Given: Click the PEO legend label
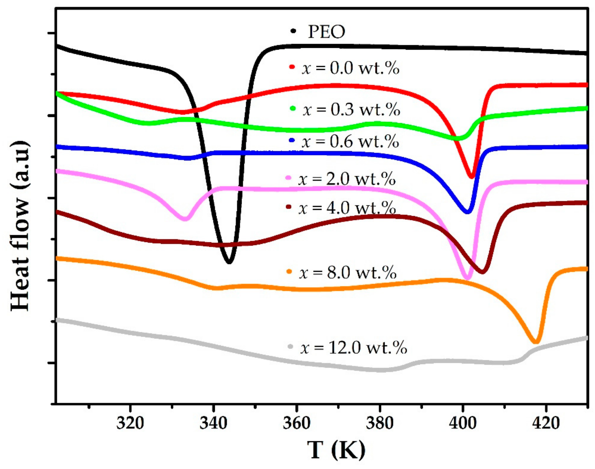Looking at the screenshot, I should click(326, 32).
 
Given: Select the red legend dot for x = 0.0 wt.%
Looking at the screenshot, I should click(292, 67).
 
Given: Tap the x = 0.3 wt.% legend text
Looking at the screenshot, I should click(352, 110).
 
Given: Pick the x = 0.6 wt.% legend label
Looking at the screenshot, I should click(350, 142).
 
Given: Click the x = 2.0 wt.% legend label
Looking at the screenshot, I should click(347, 179).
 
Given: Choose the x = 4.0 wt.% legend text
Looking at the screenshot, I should click(347, 208).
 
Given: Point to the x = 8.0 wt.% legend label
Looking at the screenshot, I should click(348, 272).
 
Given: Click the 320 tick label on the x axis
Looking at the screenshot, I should click(130, 423).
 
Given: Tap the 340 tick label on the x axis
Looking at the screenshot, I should click(213, 423).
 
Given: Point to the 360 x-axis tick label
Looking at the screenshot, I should click(297, 423).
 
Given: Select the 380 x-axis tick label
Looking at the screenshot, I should click(380, 423).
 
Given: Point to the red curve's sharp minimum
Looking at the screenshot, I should click(472, 177).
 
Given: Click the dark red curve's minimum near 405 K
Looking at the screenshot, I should click(482, 272).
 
